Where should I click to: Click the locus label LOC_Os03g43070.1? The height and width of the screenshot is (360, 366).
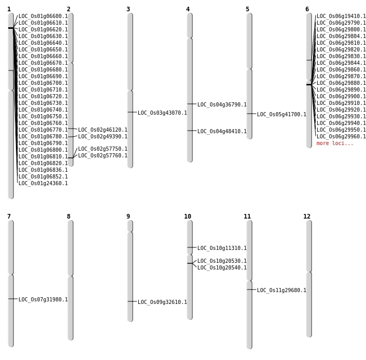(x=162, y=113)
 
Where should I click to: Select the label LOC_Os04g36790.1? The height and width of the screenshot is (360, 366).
(x=222, y=104)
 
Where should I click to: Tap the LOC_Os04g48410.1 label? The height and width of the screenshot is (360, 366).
(x=222, y=132)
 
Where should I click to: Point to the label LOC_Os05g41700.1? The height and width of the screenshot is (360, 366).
(x=282, y=114)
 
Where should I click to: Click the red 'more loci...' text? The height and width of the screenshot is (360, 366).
(x=335, y=143)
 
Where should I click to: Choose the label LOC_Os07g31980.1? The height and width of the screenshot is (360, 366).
(x=43, y=299)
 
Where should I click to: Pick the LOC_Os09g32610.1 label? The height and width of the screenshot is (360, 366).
(x=162, y=302)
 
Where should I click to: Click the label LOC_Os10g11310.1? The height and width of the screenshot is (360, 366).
(x=222, y=248)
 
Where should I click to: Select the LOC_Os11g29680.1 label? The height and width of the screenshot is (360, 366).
(x=282, y=291)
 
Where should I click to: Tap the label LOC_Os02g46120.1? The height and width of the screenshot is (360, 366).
(x=103, y=130)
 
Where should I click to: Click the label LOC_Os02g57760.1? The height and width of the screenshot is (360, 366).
(x=103, y=155)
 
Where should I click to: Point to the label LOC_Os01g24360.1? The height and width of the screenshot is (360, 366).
(x=43, y=183)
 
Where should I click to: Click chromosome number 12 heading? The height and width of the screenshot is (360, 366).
(x=307, y=217)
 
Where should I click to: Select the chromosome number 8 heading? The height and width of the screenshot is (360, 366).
(x=69, y=217)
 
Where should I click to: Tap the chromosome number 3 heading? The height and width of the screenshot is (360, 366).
(x=128, y=9)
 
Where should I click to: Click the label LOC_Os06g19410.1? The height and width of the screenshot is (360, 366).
(x=341, y=16)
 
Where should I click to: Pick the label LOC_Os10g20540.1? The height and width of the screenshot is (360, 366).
(x=222, y=267)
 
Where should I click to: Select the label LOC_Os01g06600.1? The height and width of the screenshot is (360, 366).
(x=43, y=16)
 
